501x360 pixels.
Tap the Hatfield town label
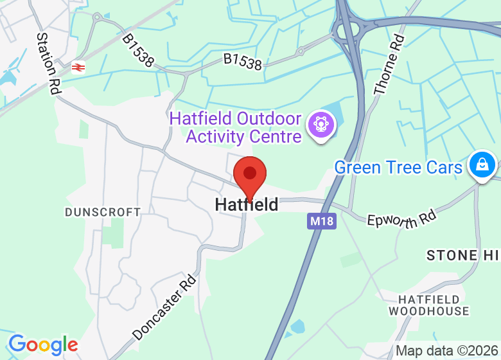(247, 204)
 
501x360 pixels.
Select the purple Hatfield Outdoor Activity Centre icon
(319, 123)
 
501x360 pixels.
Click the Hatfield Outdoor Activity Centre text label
(236, 127)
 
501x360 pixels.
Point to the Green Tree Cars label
(398, 168)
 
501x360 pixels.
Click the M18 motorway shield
(321, 221)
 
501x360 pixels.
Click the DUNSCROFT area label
(103, 212)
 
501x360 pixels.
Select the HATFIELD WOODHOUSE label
(429, 305)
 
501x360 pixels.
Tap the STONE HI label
(462, 255)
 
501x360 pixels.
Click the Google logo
(42, 345)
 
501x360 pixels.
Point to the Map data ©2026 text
(446, 351)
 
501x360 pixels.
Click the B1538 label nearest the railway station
(138, 51)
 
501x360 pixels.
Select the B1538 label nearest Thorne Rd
(243, 62)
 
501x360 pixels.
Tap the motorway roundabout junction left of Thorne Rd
(347, 30)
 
